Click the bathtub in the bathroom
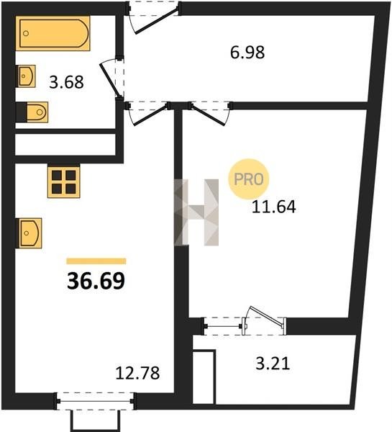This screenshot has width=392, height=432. click(53, 33)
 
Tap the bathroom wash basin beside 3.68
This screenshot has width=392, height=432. click(26, 76)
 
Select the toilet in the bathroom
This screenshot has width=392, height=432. click(37, 112)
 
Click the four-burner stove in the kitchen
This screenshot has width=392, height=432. click(64, 182)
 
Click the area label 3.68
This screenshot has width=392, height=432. click(66, 82)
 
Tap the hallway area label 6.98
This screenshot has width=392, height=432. click(247, 53)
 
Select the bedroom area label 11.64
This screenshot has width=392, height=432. click(274, 207)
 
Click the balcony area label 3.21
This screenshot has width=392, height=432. click(273, 364)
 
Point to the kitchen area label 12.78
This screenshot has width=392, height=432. click(137, 373)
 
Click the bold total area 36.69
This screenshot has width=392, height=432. click(96, 281)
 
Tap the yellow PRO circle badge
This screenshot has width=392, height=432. click(249, 179)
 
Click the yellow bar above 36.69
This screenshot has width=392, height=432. click(96, 261)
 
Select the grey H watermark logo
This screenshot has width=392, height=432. click(196, 212)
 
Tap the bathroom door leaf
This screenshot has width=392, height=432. click(110, 79)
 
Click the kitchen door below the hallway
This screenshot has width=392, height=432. click(150, 114)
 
